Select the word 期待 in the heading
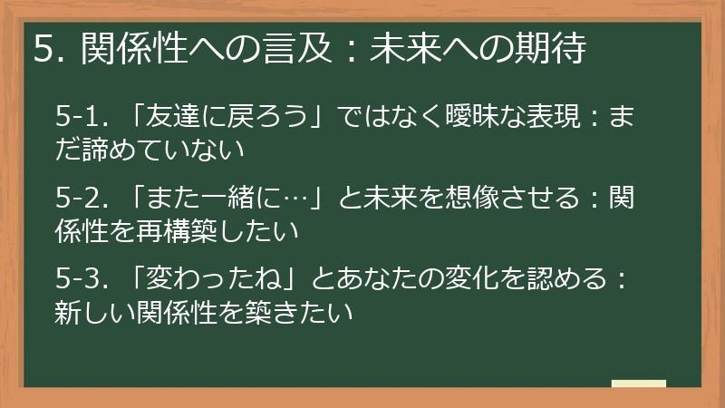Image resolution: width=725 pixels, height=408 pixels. [x=556, y=49]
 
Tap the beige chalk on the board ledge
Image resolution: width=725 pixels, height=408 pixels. [x=638, y=384]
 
